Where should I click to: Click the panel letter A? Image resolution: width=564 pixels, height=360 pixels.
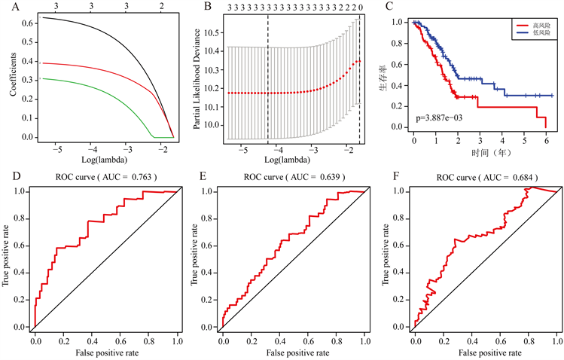(x=7, y=8)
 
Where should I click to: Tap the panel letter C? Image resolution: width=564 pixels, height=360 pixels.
(x=389, y=8)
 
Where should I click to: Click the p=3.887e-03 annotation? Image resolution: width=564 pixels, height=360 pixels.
(x=445, y=119)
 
